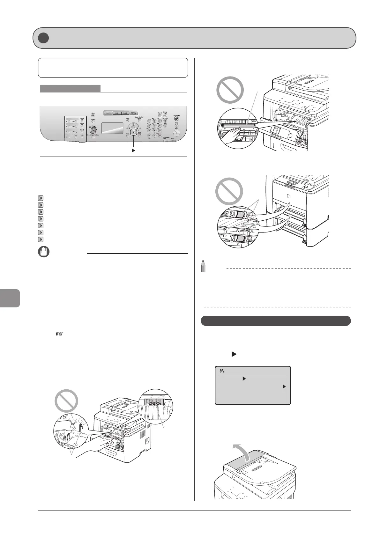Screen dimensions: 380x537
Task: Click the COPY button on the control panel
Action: (109, 113)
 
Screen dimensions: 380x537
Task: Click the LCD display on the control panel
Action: (112, 128)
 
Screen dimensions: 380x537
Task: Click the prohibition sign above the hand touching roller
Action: (230, 90)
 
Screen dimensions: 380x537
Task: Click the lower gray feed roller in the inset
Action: (241, 239)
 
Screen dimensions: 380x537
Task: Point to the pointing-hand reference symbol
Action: (60, 334)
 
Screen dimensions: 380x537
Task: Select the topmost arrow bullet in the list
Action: (40, 198)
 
